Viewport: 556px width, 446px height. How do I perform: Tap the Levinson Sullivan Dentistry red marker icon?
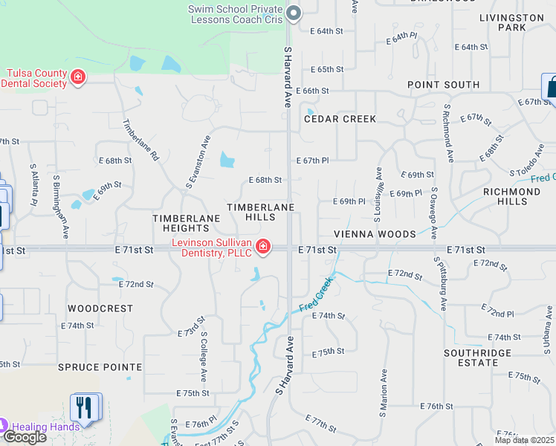[x=263, y=247]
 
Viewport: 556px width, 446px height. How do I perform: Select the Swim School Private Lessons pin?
[x=294, y=13]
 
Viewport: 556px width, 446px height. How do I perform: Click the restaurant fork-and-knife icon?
[x=83, y=407]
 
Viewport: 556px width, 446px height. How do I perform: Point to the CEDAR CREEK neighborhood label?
[x=340, y=119]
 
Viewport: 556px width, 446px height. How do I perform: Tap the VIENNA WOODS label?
[x=375, y=234]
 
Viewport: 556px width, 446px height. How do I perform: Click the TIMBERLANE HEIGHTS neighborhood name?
[x=187, y=223]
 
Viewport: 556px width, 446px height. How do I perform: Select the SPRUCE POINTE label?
[x=100, y=367]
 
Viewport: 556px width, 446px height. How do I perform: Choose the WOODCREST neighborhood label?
[x=100, y=308]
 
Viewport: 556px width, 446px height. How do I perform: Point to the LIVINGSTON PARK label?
[x=511, y=22]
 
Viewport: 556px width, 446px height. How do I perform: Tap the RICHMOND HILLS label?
[x=511, y=196]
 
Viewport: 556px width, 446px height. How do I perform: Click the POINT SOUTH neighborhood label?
[x=443, y=85]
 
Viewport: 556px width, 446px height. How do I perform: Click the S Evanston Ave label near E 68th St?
[x=198, y=162]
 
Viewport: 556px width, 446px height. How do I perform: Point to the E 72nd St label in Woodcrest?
[x=136, y=284]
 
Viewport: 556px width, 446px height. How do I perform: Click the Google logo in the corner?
[x=25, y=437]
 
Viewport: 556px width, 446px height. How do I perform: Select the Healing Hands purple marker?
[x=2, y=427]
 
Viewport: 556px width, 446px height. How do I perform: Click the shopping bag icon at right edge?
[x=551, y=88]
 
